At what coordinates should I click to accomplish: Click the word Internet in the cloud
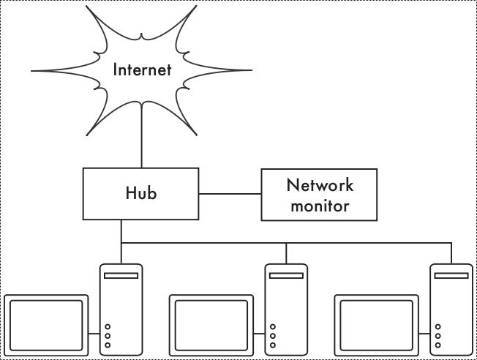[x=142, y=70]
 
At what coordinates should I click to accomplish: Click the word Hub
[x=140, y=193]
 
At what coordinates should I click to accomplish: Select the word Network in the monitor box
[x=320, y=184]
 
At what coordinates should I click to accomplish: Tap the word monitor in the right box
[x=320, y=206]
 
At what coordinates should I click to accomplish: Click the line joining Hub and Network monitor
[x=230, y=194]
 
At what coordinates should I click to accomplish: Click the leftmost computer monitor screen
[x=46, y=324]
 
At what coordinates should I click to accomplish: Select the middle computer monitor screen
[x=211, y=324]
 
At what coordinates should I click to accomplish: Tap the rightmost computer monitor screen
[x=377, y=324]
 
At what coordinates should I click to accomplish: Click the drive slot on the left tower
[x=121, y=276]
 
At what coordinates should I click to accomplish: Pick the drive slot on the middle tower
[x=286, y=276]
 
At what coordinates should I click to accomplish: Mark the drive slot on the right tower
[x=451, y=276]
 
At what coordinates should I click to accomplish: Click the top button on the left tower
[x=108, y=327]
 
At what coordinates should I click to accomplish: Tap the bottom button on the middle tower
[x=273, y=345]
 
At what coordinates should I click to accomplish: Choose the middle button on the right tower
[x=438, y=336]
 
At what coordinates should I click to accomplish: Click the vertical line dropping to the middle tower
[x=286, y=253]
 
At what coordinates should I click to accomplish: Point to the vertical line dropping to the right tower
[x=451, y=253]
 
